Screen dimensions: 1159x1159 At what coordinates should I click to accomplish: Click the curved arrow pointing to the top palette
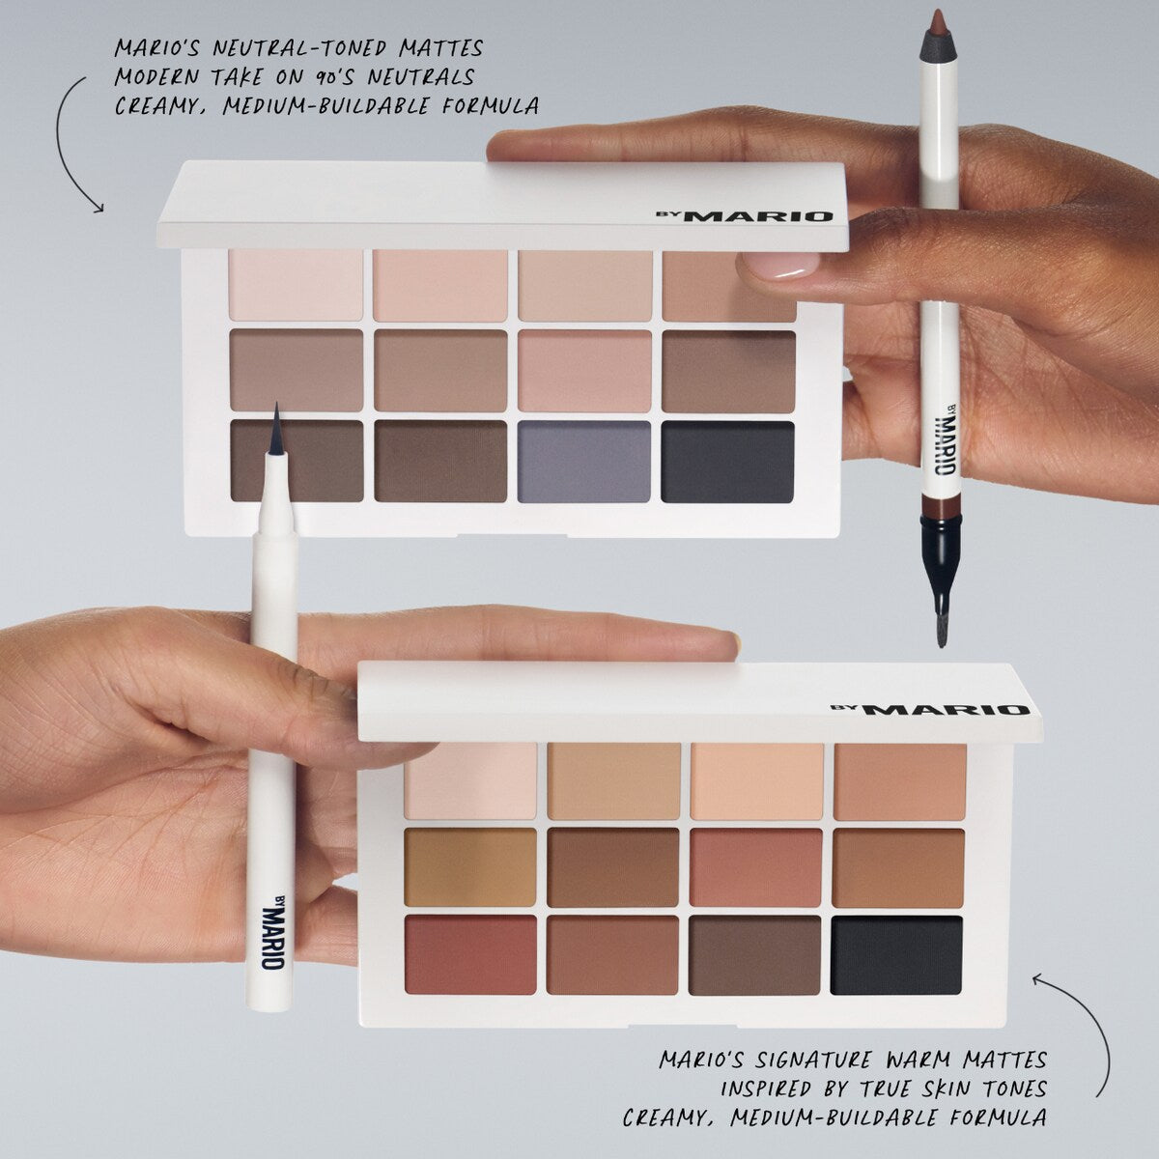72,135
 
